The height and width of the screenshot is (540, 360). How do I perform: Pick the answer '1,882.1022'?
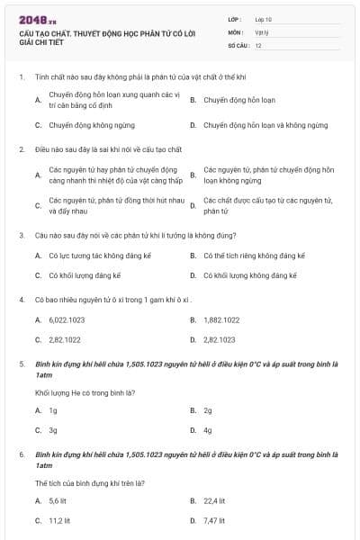[221, 319]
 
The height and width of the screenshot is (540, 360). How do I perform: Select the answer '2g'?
[208, 409]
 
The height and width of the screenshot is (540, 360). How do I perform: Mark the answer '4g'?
[208, 429]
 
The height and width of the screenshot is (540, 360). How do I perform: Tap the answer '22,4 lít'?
[214, 500]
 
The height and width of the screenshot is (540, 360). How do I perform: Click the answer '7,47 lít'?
[214, 520]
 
